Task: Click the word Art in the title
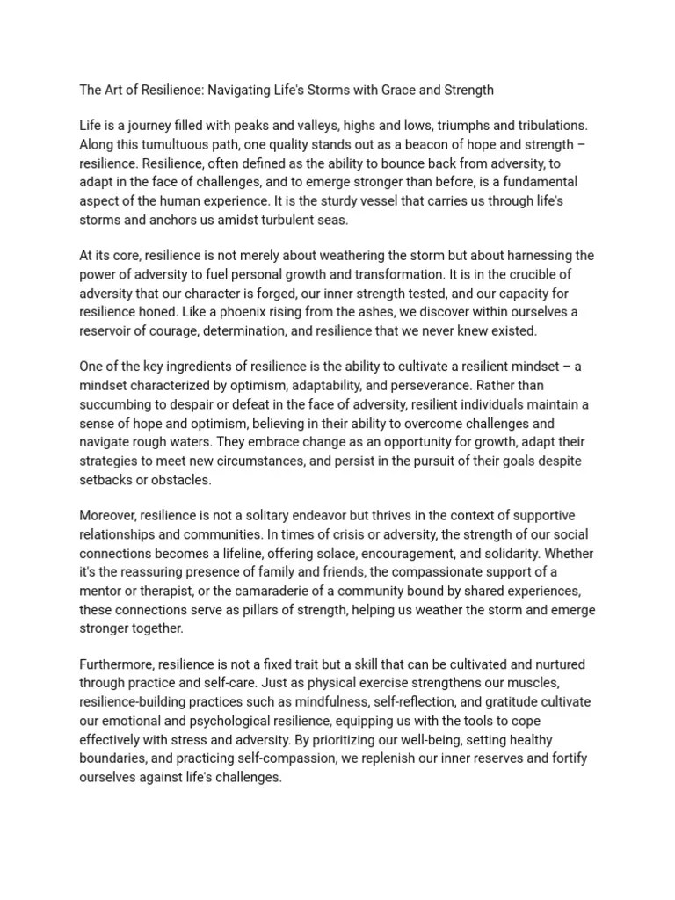click(114, 90)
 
